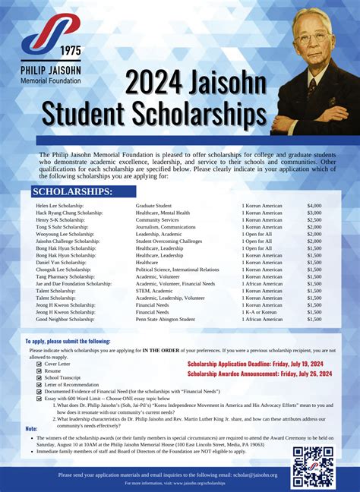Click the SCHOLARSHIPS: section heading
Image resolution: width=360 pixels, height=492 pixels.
tap(73, 191)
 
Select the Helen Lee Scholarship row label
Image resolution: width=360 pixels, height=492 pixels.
tap(60, 206)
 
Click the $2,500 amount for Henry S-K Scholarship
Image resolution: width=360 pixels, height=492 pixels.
tap(314, 219)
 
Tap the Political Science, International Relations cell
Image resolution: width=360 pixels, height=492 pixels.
tap(177, 269)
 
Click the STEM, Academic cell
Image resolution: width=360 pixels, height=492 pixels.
tap(154, 291)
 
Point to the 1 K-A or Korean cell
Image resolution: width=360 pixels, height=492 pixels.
tap(261, 312)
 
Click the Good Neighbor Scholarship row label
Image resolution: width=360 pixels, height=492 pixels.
tap(65, 319)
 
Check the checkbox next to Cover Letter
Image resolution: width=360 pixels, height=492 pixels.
tap(40, 364)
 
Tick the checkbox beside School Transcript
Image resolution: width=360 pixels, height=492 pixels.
tap(40, 377)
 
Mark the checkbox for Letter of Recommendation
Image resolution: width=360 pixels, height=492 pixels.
tap(40, 384)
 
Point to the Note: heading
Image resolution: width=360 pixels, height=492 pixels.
tap(32, 428)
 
